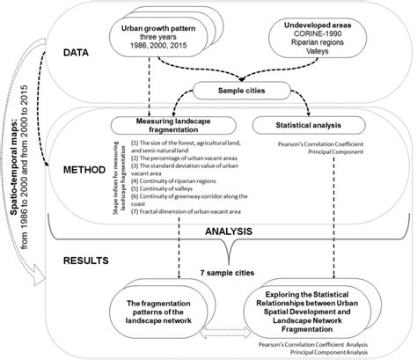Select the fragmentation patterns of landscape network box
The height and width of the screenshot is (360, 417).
[160, 310]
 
